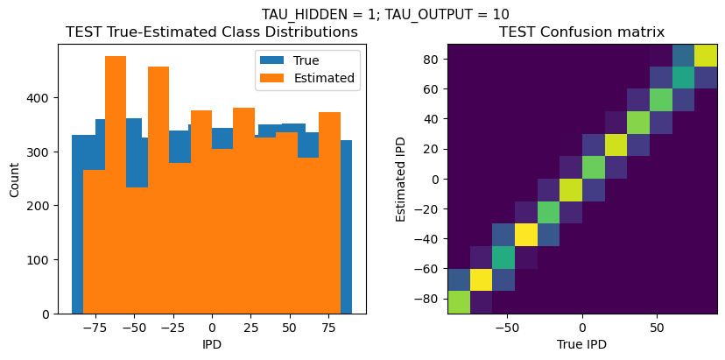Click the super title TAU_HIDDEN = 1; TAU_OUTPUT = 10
tap(385, 14)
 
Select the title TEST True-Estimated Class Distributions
tap(212, 32)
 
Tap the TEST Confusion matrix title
tap(581, 32)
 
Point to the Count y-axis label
tap(15, 179)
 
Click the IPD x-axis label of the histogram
tap(212, 344)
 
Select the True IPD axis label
tap(581, 344)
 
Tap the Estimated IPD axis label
tap(401, 179)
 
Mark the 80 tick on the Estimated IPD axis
tap(432, 60)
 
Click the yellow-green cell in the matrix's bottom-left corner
tap(458, 301)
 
